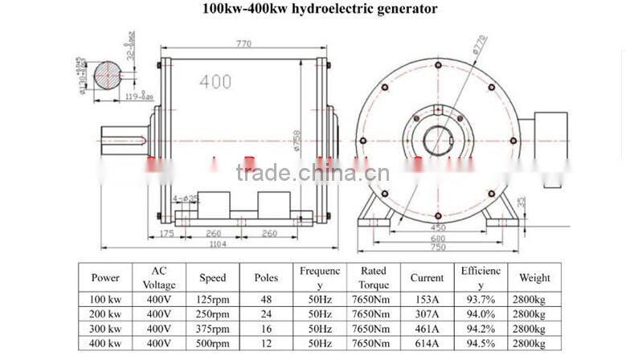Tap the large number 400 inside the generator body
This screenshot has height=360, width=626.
point(216,82)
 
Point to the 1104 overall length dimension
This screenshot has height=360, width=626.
point(196,244)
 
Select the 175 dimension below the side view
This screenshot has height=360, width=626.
point(166,234)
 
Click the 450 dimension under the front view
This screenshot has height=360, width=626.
point(436,227)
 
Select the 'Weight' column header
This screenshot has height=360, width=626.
point(534,278)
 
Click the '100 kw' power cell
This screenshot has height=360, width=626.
point(106,300)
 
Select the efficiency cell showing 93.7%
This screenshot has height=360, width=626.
point(481,300)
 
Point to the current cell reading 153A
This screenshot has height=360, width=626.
point(427,300)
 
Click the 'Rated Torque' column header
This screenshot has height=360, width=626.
point(373,278)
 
